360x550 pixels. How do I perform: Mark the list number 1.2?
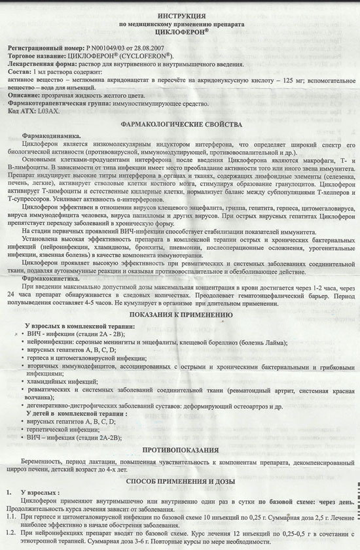pyautogui.click(x=10, y=534)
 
